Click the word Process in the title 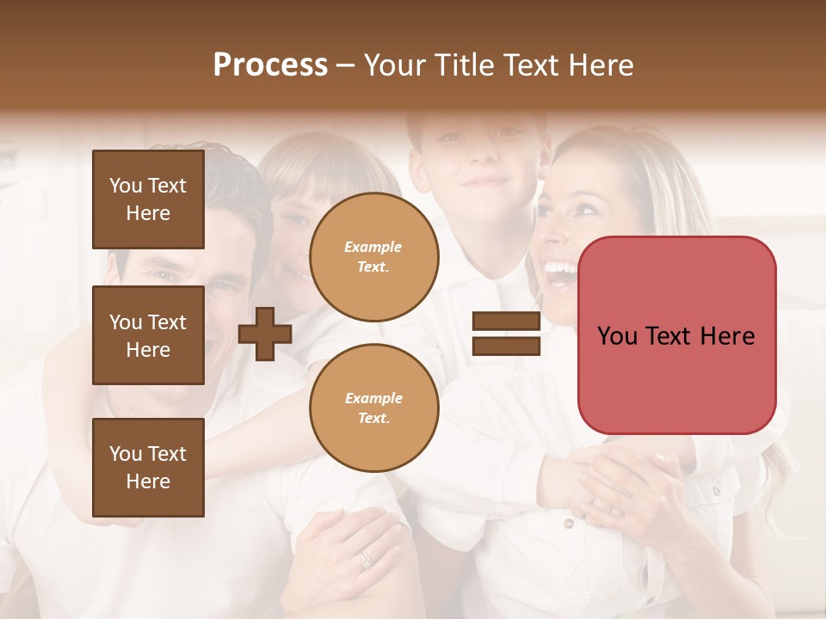click(270, 64)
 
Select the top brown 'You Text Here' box click(148, 199)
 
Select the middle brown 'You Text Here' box click(148, 335)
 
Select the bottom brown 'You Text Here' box click(148, 468)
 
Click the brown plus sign click(265, 334)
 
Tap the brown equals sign click(506, 334)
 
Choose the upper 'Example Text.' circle click(373, 257)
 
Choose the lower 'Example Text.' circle click(373, 408)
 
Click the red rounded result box click(676, 335)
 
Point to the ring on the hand click(365, 559)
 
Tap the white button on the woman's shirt click(567, 523)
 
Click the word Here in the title click(602, 64)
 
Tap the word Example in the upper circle click(373, 247)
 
